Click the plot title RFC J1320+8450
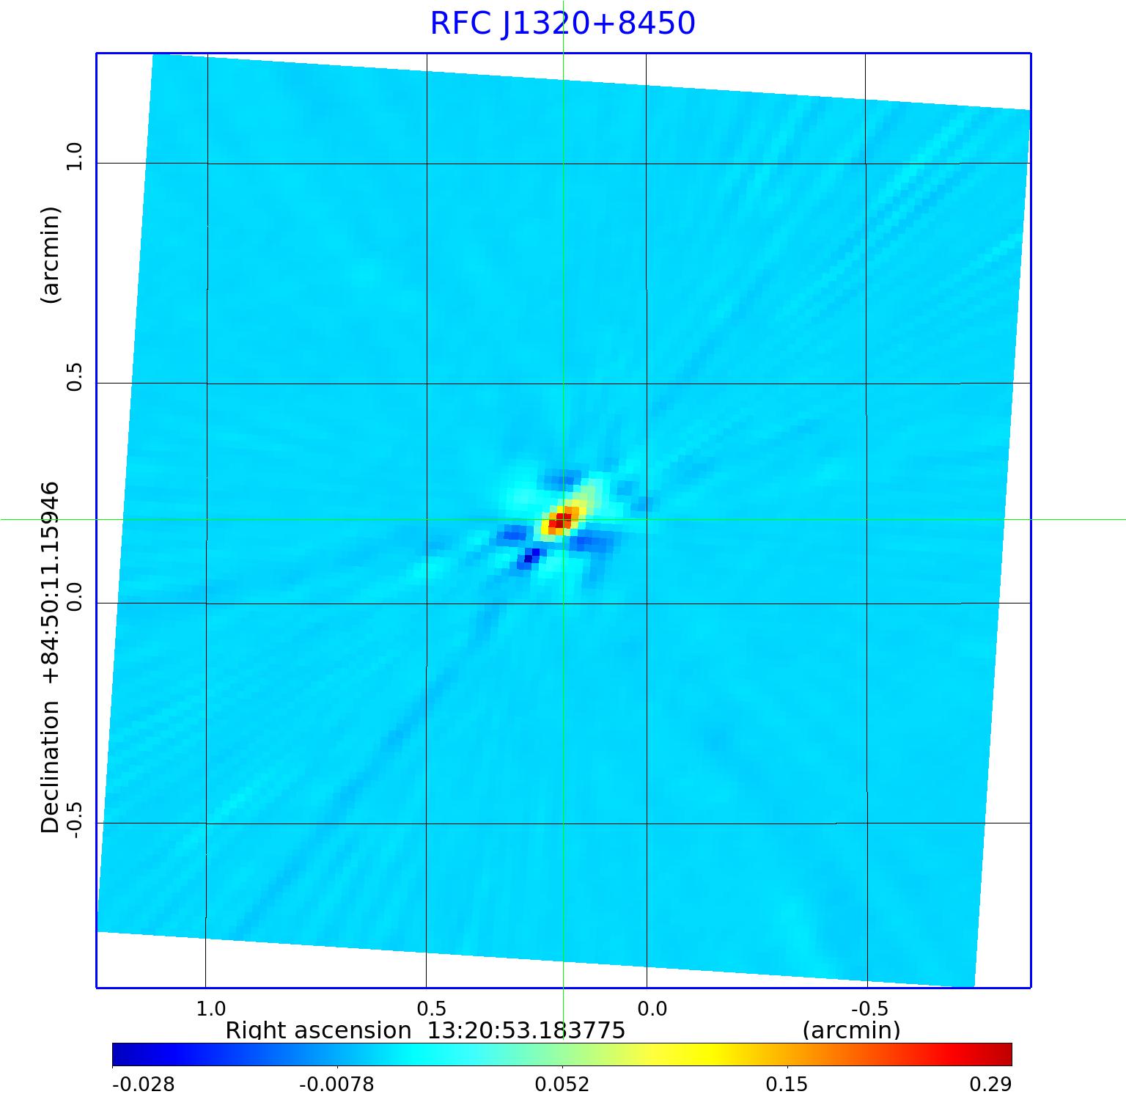tap(562, 23)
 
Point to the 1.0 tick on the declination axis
tap(74, 156)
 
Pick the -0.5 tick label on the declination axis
tap(74, 818)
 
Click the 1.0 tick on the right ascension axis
tap(212, 1008)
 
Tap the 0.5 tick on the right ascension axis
tap(432, 1008)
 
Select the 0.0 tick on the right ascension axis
tap(652, 1008)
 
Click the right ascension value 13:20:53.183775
tap(526, 1030)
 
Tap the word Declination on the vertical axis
tap(51, 767)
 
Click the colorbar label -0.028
tap(143, 1085)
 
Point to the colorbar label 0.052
tap(562, 1085)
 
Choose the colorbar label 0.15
tap(787, 1085)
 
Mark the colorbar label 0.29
tap(990, 1085)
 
